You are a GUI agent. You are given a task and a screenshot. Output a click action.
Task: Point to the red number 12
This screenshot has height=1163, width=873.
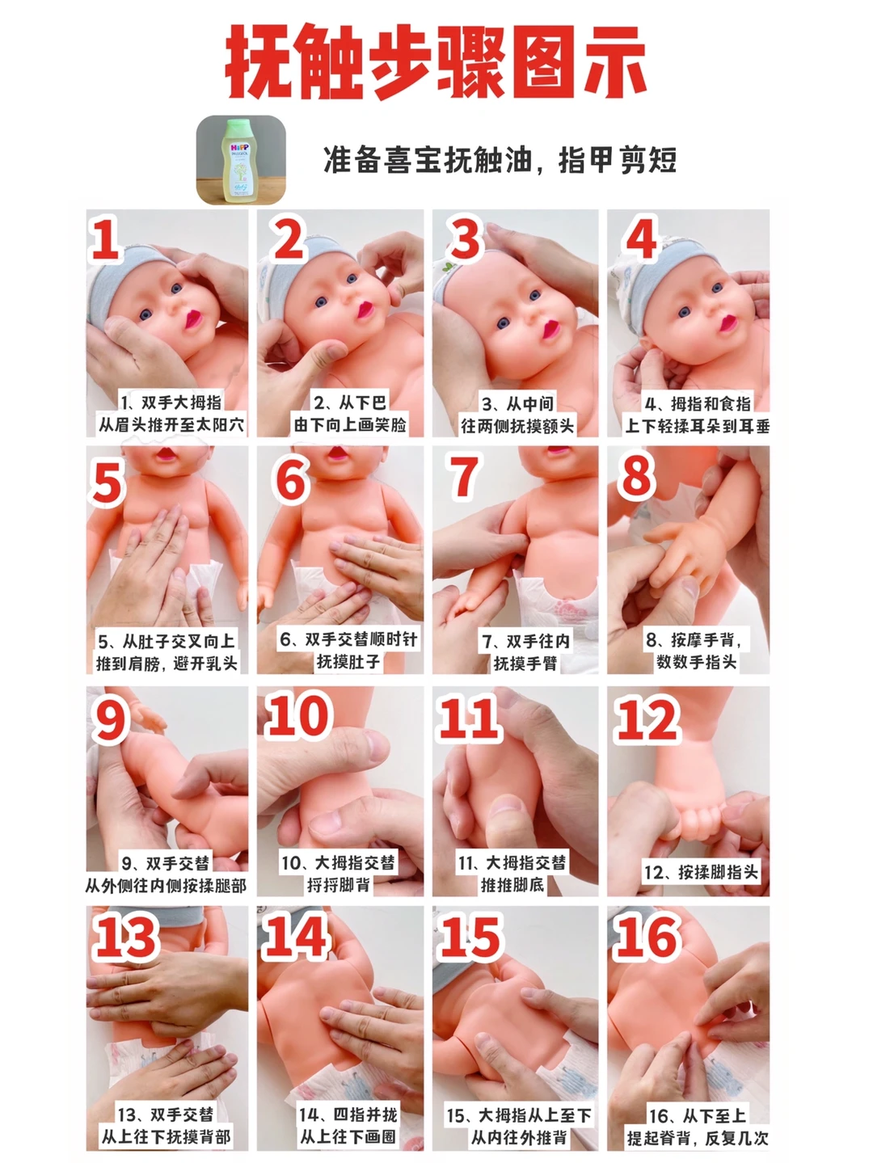pos(647,719)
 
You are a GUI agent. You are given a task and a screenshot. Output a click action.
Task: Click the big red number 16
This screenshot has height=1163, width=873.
pos(647,939)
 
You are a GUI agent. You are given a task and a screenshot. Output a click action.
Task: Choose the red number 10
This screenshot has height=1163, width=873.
pos(298,716)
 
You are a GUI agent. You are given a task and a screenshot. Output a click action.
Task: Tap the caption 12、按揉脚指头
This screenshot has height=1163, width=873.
pos(701,871)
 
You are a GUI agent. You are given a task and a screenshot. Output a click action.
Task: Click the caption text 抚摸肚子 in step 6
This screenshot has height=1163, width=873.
pos(348,662)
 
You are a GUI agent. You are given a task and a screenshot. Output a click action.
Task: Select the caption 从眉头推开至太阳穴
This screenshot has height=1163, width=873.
pos(171,425)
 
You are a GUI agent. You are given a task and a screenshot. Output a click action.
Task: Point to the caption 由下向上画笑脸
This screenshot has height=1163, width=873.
pos(350,425)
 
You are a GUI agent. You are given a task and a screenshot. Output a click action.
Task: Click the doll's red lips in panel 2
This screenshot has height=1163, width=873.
pos(365,310)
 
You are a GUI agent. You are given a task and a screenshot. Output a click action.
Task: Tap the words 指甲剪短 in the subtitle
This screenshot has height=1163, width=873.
pos(618,160)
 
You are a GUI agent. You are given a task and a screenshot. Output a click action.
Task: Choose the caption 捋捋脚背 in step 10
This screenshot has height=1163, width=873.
pos(339,884)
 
